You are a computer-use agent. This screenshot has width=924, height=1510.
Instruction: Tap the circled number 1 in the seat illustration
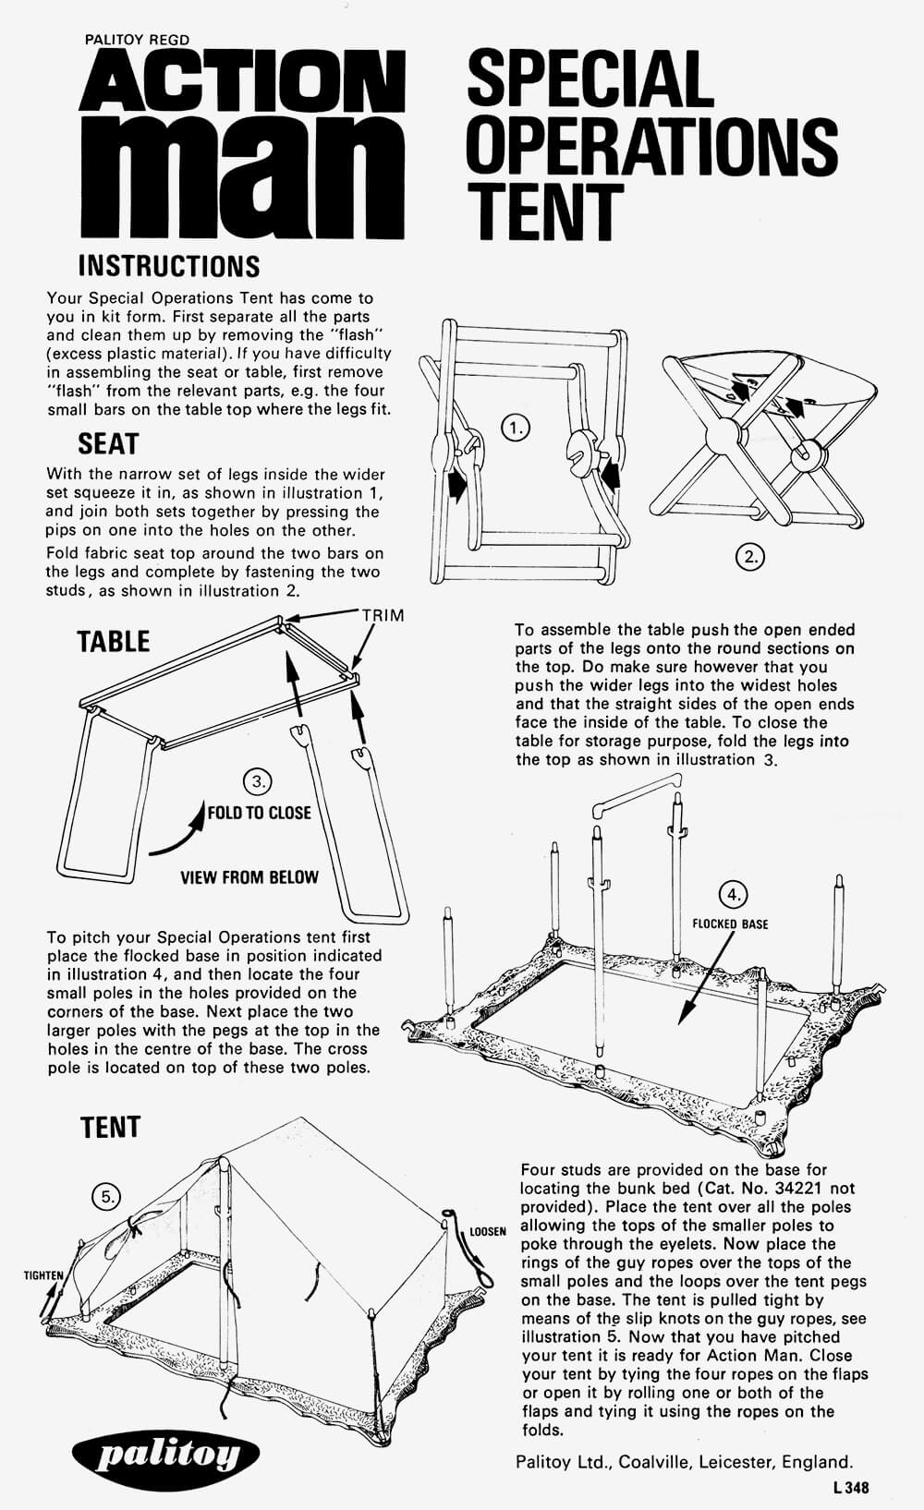click(x=515, y=427)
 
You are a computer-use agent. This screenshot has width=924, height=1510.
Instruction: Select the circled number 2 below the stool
click(x=749, y=557)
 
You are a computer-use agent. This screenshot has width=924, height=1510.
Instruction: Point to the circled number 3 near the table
click(x=257, y=782)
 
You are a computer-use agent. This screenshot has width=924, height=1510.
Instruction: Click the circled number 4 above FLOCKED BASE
click(x=733, y=895)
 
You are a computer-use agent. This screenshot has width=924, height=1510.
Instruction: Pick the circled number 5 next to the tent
click(x=107, y=1197)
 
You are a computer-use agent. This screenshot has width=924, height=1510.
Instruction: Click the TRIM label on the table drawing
click(x=383, y=615)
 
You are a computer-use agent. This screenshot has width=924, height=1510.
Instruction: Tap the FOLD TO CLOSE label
click(x=260, y=813)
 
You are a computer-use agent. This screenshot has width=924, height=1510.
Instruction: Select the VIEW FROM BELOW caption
click(x=249, y=877)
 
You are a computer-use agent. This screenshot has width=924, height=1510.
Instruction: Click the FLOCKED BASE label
click(x=730, y=924)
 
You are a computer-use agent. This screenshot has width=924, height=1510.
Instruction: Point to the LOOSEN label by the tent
click(x=487, y=1231)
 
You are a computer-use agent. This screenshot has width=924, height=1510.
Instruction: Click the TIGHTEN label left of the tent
click(x=43, y=1275)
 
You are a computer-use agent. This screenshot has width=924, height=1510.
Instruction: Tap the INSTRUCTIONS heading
click(x=169, y=266)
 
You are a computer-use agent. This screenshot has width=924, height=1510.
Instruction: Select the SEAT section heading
click(x=108, y=443)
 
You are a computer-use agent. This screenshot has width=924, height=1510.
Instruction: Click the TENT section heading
click(x=110, y=1128)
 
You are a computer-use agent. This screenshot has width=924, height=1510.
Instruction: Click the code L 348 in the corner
click(x=850, y=1488)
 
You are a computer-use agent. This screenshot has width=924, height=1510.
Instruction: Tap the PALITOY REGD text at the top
click(x=137, y=40)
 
